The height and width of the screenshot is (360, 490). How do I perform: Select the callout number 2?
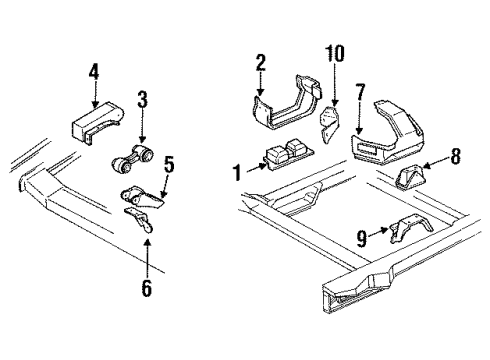[260, 65]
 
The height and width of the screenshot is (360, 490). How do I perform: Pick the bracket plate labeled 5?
[138, 193]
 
